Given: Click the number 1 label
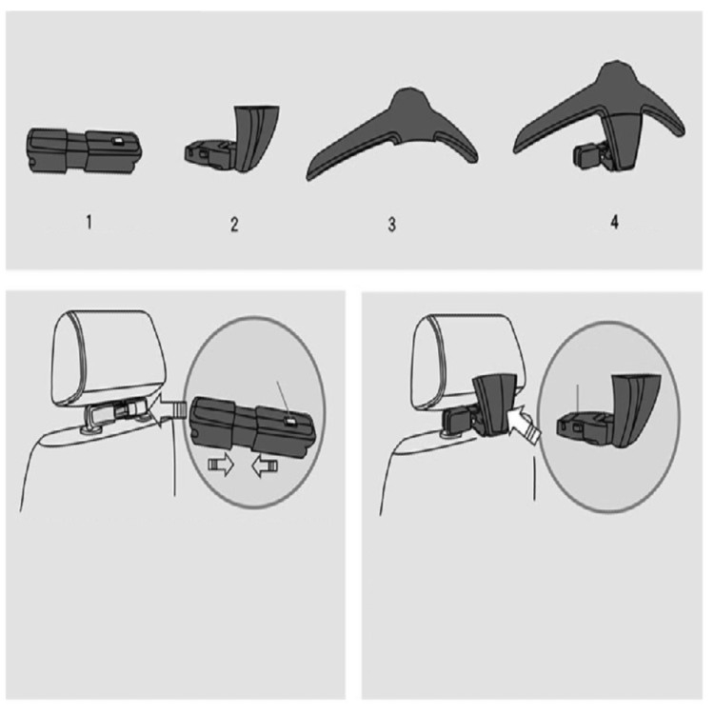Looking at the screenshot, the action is (x=89, y=222).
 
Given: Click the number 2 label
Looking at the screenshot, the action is (x=234, y=225).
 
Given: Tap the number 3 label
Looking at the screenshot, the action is (x=391, y=225).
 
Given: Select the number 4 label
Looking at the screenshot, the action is (x=614, y=222).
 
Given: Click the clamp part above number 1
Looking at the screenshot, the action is (x=85, y=151).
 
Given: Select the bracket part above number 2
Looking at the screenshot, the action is (x=233, y=139).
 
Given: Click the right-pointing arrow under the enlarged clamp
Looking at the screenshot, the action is (x=221, y=466).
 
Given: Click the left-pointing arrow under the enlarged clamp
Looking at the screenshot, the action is (x=265, y=467).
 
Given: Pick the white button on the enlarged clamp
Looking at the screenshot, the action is (x=290, y=422).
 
